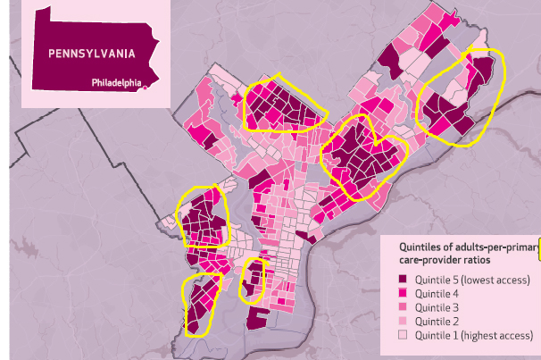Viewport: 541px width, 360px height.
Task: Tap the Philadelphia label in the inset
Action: point(116,83)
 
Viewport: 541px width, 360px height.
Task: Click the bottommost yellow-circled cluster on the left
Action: point(201,304)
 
